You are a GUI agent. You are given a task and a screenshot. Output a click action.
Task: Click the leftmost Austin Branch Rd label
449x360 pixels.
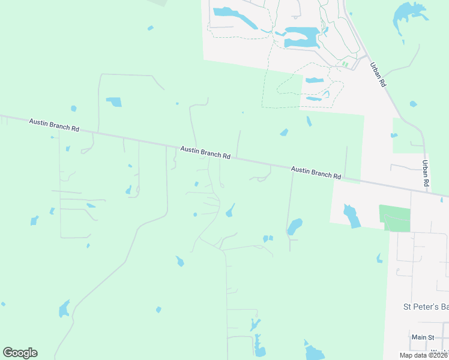click(x=54, y=125)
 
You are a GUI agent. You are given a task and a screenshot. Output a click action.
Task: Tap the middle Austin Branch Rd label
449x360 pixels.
click(x=205, y=152)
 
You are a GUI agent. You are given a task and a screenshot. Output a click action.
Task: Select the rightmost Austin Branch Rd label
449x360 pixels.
click(x=316, y=173)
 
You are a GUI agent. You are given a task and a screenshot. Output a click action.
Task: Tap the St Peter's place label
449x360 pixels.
click(x=424, y=307)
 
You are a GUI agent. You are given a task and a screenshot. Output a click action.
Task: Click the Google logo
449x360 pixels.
click(x=20, y=353)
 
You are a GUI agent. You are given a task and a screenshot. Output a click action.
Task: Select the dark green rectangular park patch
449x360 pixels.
click(x=394, y=218)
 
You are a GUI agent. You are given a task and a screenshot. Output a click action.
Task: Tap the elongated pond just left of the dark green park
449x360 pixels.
click(x=352, y=216)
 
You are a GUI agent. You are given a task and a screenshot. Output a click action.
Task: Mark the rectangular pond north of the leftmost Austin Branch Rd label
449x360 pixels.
click(x=114, y=101)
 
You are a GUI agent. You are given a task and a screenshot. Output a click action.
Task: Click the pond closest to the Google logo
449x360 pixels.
click(x=64, y=309)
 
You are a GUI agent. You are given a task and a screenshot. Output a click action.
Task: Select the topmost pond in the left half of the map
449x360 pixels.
click(x=150, y=28)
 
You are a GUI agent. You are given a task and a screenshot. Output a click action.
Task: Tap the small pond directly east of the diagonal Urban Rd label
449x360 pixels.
click(x=413, y=104)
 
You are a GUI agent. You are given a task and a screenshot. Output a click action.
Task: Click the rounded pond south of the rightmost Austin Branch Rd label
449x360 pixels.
click(x=294, y=226)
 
